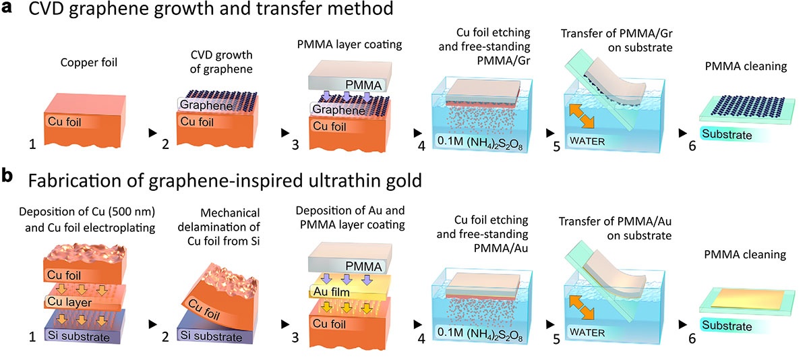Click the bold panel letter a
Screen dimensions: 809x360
click(7, 7)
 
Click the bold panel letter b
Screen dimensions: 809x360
click(7, 176)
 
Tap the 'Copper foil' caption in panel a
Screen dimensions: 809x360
click(89, 63)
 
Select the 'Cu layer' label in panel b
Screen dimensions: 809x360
click(69, 301)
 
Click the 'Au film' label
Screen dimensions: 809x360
click(331, 291)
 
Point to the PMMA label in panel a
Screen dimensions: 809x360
click(363, 85)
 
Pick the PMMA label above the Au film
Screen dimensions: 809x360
click(363, 266)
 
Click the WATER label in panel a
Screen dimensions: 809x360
click(587, 141)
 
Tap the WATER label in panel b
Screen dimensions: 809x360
click(587, 332)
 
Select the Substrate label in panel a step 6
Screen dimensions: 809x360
click(727, 135)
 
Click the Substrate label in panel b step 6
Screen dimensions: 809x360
click(727, 326)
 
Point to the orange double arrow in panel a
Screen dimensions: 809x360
click(581, 116)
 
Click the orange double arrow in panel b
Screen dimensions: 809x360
click(581, 307)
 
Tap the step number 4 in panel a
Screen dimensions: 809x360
click(421, 146)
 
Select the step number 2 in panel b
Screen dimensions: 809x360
click(165, 337)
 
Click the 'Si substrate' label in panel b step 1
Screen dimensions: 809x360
click(79, 336)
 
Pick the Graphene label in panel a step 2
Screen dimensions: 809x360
click(206, 105)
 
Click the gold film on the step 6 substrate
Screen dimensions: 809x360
click(748, 298)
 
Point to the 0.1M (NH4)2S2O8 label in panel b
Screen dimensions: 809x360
click(480, 334)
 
